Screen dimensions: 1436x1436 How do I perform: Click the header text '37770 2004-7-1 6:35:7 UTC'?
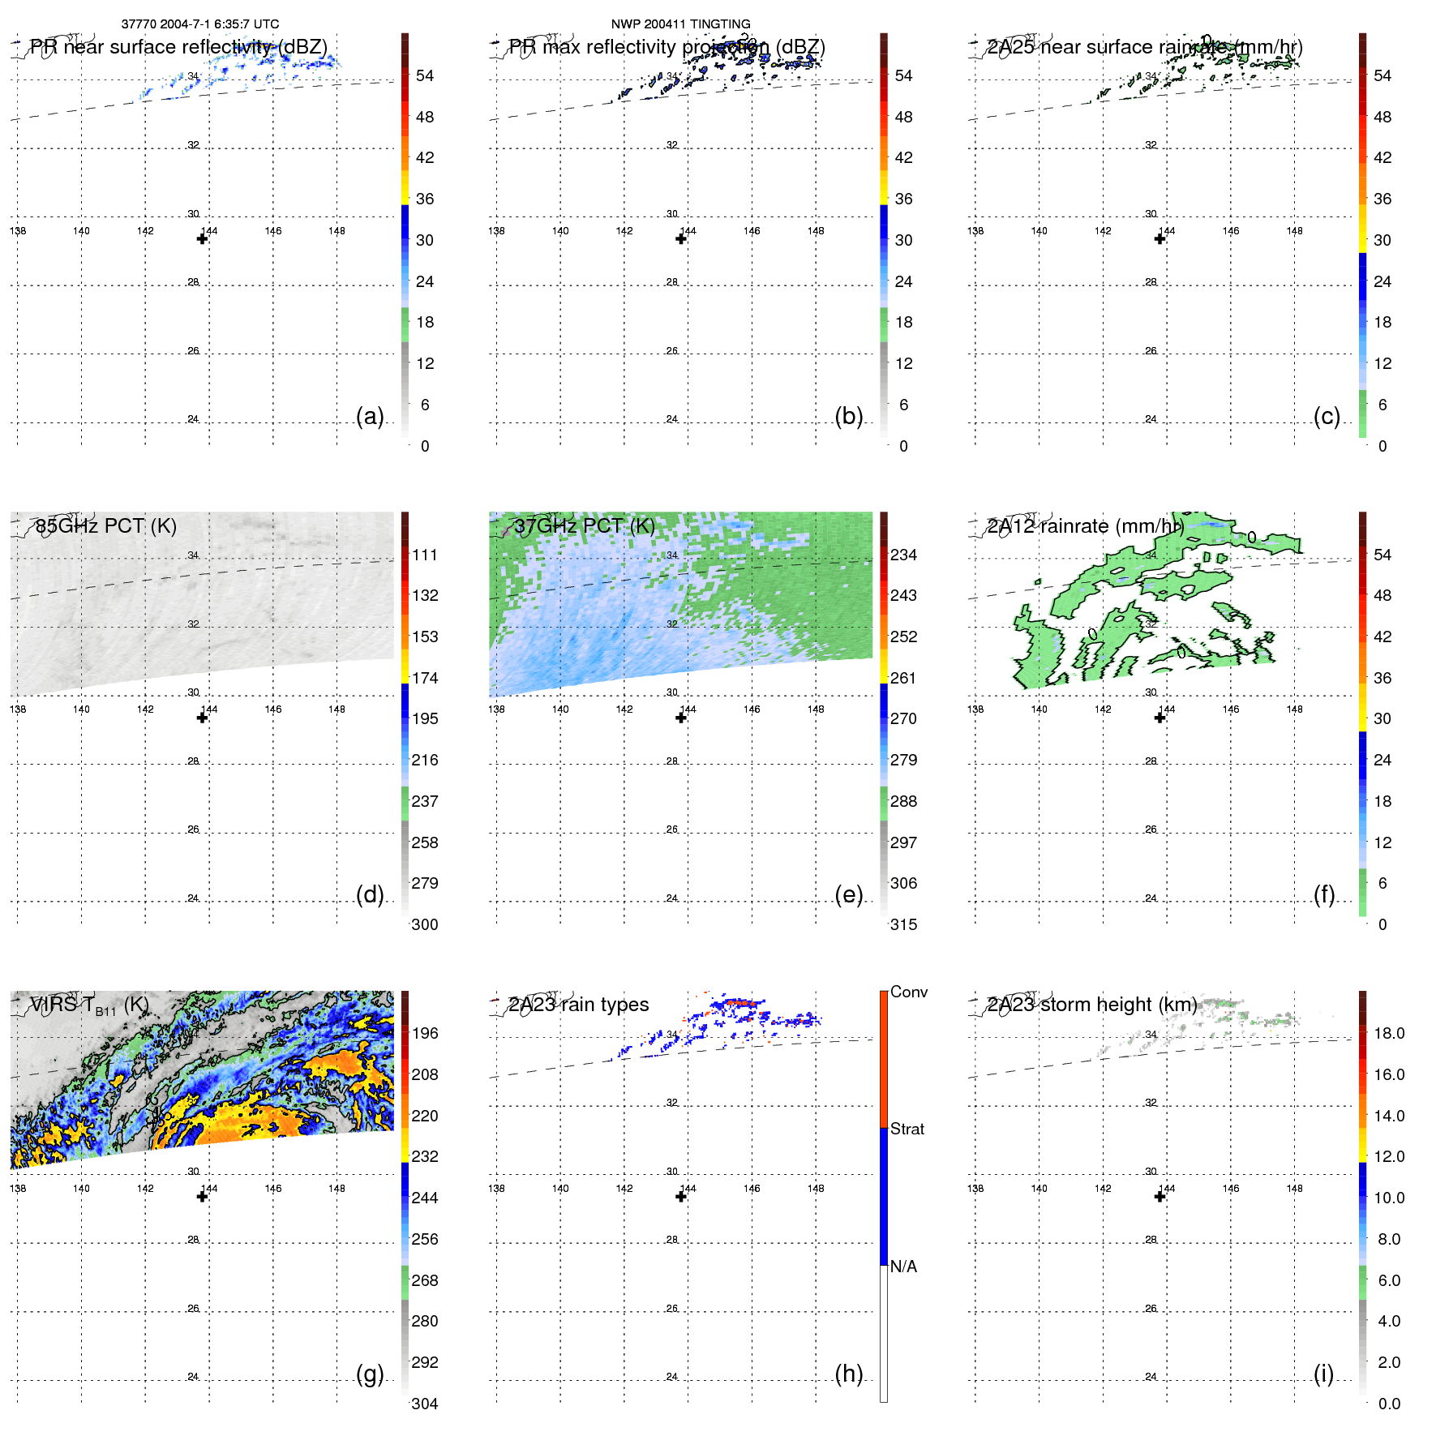[x=200, y=24]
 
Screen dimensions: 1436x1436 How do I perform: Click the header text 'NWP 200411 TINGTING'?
[x=680, y=24]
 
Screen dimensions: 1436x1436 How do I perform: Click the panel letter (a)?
[x=370, y=416]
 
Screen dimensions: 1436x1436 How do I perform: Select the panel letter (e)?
[x=848, y=894]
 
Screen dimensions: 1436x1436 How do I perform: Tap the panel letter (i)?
[x=1323, y=1374]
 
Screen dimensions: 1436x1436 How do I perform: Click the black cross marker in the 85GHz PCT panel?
[x=203, y=718]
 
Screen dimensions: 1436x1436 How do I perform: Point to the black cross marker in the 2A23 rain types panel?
[x=681, y=1196]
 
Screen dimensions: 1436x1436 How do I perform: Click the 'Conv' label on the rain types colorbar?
[x=908, y=992]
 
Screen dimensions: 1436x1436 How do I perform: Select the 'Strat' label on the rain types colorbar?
[x=907, y=1129]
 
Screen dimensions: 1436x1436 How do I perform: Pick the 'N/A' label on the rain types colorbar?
[x=903, y=1267]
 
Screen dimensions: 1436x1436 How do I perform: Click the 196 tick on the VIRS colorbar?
[x=425, y=1033]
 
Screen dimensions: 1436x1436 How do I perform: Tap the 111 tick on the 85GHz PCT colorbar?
[x=425, y=555]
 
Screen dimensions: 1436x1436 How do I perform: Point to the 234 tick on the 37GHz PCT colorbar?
[x=903, y=555]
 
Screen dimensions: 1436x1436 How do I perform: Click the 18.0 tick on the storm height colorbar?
[x=1389, y=1033]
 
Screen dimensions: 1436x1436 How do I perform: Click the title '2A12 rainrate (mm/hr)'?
[x=1085, y=526]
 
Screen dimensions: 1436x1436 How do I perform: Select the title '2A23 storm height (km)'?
[x=1091, y=1005]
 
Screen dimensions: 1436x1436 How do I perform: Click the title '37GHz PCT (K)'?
[x=584, y=526]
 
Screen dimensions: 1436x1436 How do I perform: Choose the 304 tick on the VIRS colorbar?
[x=425, y=1404]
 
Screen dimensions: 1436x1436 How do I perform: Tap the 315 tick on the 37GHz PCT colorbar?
[x=903, y=924]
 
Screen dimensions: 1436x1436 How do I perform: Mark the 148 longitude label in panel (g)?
[x=336, y=1188]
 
